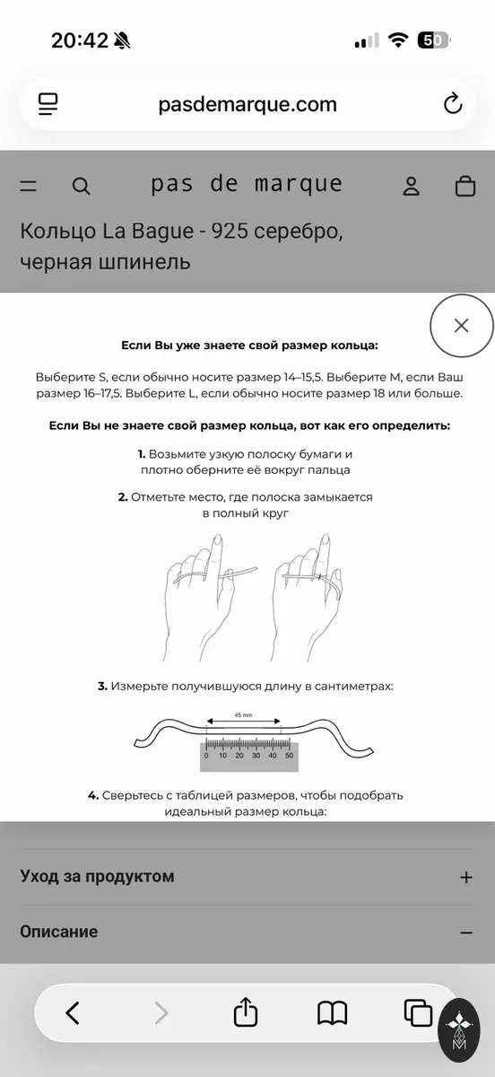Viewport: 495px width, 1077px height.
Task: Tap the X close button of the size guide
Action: (461, 326)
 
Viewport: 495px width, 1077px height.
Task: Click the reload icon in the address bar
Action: (453, 103)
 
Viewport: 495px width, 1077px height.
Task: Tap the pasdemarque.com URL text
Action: (247, 104)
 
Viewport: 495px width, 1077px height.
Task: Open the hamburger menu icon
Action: (29, 186)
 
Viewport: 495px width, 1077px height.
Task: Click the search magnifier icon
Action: (81, 186)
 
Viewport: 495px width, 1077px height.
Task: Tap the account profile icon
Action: (411, 186)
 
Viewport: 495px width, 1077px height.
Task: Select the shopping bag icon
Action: (465, 186)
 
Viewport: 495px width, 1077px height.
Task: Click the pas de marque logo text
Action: (247, 184)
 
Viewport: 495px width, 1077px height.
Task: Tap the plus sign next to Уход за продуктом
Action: (465, 878)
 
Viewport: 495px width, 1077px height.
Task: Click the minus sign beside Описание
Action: (465, 933)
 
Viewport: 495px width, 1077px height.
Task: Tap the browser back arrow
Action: (73, 1013)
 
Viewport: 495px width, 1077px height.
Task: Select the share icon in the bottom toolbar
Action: (246, 1012)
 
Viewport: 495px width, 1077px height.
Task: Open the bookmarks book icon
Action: (332, 1013)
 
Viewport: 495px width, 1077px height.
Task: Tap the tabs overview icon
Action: (418, 1012)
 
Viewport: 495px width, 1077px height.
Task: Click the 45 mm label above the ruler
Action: (243, 715)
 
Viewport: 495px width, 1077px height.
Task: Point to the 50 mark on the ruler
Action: (289, 756)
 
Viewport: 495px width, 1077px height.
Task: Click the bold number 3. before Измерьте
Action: (102, 686)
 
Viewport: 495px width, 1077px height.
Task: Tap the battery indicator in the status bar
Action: (434, 40)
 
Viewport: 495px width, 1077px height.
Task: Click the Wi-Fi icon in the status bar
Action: (398, 40)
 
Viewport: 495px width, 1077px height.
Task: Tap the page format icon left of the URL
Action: (48, 104)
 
